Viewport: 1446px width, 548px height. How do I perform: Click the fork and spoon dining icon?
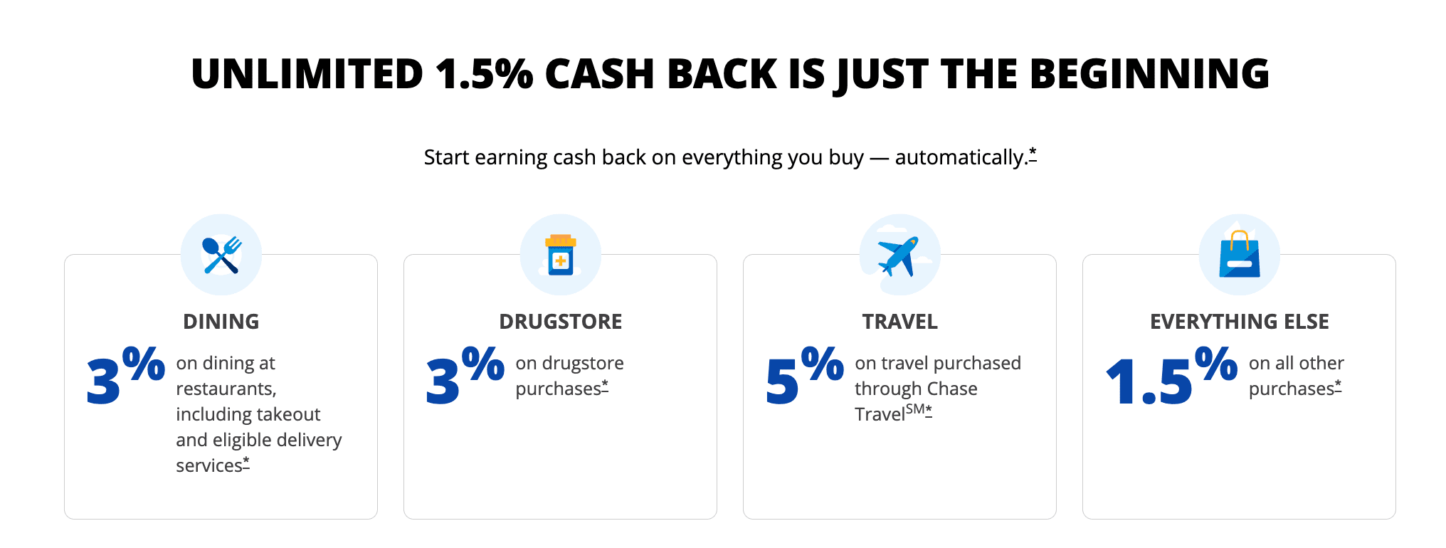pos(221,255)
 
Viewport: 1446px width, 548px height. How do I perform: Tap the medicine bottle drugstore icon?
pos(561,255)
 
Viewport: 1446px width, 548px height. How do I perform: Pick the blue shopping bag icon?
pos(1240,254)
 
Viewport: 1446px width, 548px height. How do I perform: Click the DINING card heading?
pos(221,322)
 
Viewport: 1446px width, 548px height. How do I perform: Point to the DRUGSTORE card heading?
pos(561,322)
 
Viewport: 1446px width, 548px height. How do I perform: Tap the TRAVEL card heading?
pos(900,322)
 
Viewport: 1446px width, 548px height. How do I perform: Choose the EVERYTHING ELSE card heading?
pos(1240,322)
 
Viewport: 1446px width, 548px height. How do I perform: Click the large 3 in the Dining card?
pos(103,381)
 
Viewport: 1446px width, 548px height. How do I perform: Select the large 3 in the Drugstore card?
pos(443,381)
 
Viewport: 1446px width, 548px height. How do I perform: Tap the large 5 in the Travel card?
pos(782,381)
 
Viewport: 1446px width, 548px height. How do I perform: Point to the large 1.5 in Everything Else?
pos(1149,381)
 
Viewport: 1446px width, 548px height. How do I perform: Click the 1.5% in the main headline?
pos(484,74)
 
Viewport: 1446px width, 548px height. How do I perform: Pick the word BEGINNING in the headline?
pos(1149,74)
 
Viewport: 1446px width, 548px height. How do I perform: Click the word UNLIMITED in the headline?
pos(307,74)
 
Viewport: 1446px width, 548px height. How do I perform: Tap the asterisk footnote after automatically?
pos(1033,154)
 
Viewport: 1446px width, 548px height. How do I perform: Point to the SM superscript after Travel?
pos(915,409)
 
